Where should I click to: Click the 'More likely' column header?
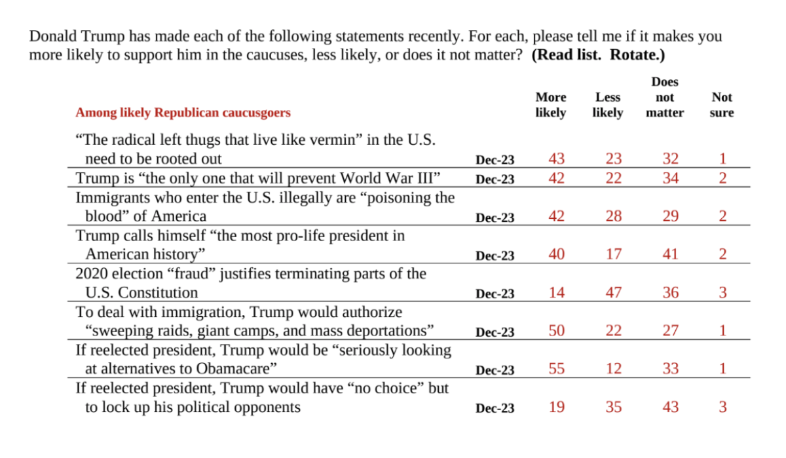550,105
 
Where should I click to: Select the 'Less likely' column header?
607,105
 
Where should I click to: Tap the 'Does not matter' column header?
664,98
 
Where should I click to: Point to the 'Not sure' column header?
721,105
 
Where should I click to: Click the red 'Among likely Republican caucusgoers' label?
183,113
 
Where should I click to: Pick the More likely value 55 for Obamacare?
556,369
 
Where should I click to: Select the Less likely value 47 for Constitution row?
613,293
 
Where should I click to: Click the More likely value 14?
556,293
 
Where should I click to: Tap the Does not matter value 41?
670,254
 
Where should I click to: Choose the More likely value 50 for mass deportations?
556,331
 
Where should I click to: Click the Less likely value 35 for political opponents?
613,407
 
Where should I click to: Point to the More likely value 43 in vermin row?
556,159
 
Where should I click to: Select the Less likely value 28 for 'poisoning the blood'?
613,216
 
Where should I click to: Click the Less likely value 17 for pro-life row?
613,254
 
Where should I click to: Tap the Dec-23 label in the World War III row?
495,179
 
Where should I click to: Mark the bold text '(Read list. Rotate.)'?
598,55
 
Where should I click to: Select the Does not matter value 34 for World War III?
670,178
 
